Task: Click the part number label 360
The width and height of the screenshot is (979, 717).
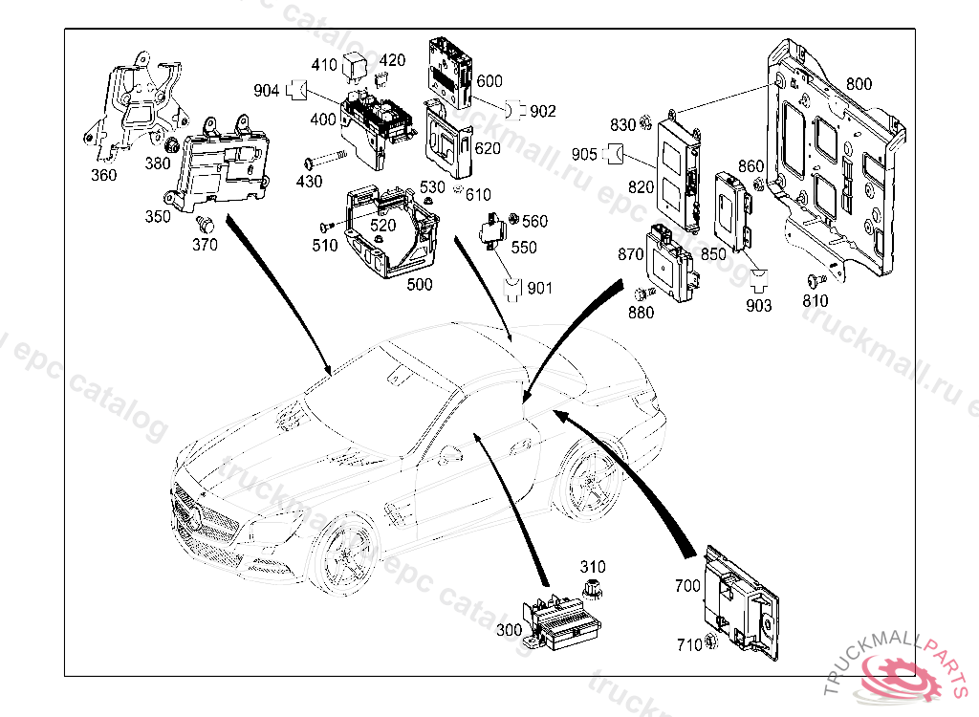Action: point(104,175)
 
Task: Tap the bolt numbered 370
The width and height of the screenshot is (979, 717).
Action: point(203,225)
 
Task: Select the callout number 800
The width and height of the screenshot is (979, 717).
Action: point(859,84)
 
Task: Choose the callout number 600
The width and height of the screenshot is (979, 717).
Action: point(489,82)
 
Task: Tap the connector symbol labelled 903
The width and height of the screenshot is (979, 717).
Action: point(759,278)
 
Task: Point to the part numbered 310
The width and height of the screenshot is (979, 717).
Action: point(593,586)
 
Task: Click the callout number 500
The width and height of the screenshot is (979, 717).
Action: point(420,284)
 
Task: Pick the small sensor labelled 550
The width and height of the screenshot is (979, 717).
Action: point(496,230)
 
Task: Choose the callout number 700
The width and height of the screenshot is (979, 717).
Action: point(687,585)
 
